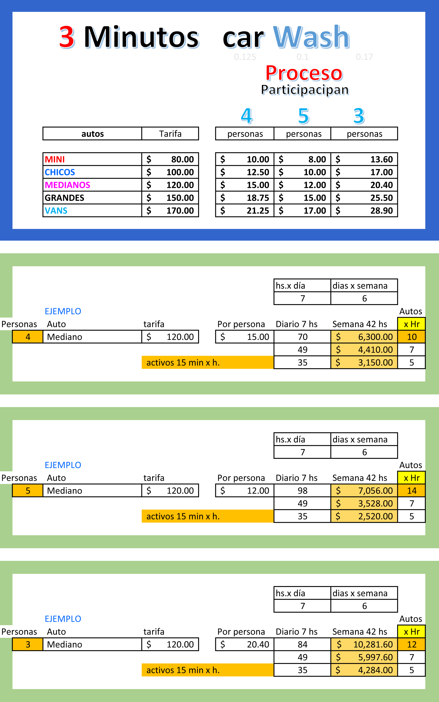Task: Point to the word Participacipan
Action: (x=305, y=90)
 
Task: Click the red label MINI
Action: (x=55, y=160)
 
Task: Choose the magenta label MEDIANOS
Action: (x=67, y=185)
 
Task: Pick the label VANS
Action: (x=56, y=211)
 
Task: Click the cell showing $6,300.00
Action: (x=364, y=337)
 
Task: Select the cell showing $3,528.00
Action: (x=364, y=503)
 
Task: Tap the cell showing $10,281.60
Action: (x=364, y=644)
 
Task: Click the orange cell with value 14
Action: (x=411, y=490)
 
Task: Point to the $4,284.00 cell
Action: (x=364, y=670)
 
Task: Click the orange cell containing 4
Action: (x=28, y=337)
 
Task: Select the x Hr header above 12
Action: (x=411, y=631)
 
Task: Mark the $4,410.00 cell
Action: (x=364, y=350)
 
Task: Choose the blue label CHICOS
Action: (x=60, y=172)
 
